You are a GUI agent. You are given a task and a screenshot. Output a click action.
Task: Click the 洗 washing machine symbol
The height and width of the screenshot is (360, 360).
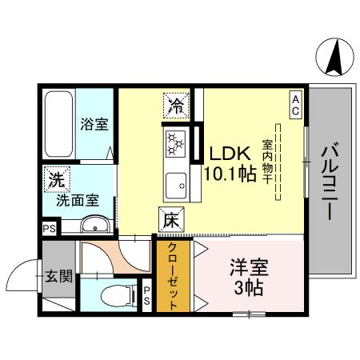click(56, 180)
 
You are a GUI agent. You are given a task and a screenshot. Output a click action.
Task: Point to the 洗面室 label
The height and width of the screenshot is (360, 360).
click(76, 201)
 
